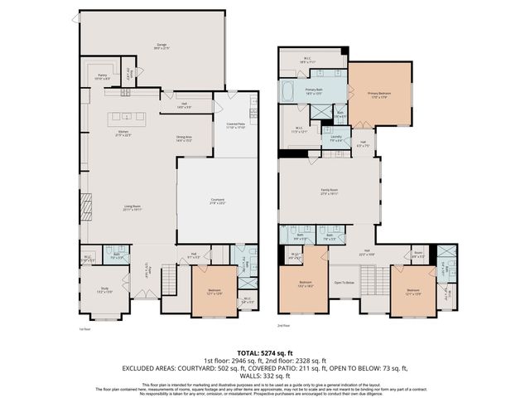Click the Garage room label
click(152, 46)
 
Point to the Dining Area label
click(184, 139)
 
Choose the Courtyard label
click(218, 201)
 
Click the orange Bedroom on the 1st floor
click(213, 291)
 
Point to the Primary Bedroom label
click(379, 95)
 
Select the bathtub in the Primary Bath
click(287, 89)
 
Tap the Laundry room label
click(336, 139)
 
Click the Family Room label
click(330, 191)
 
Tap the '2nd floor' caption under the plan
click(284, 326)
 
